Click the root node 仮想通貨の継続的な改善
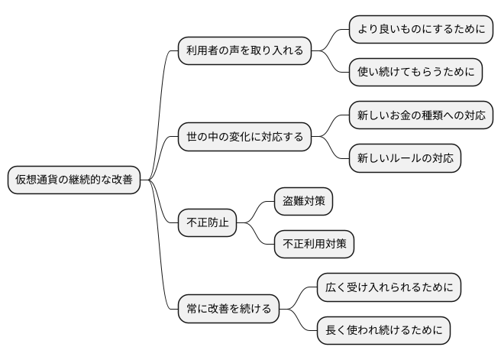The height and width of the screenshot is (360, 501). (73, 180)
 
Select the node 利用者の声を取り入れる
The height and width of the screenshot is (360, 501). (244, 51)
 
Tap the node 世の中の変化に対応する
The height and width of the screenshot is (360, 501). (244, 138)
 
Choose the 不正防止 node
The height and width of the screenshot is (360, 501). (207, 223)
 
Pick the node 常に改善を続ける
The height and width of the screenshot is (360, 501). (228, 310)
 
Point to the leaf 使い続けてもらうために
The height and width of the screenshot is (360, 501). (415, 73)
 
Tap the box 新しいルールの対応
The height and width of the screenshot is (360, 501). (405, 159)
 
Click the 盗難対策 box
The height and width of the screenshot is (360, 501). (304, 202)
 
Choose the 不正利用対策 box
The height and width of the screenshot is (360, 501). (314, 245)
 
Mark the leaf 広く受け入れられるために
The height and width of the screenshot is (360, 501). (389, 288)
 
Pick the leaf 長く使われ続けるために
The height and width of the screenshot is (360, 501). (384, 331)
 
